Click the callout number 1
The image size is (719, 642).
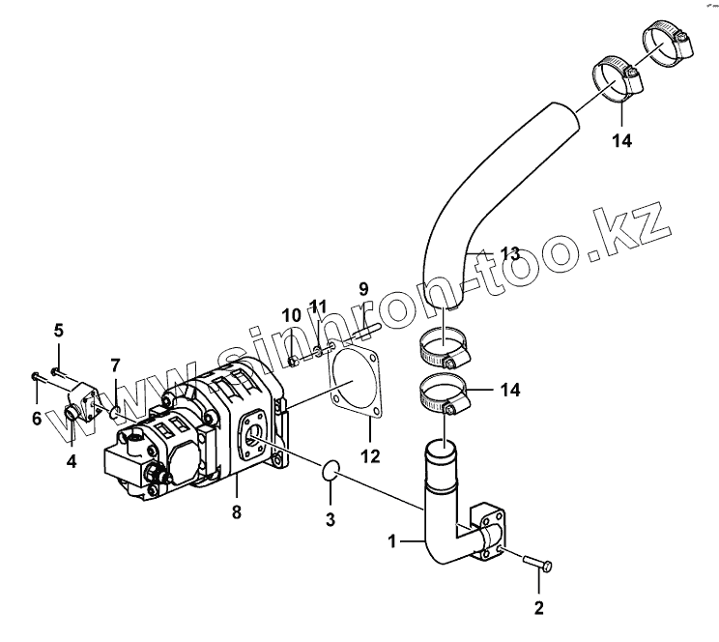(x=392, y=542)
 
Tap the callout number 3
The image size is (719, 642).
(x=330, y=520)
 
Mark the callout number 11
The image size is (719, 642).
(x=320, y=306)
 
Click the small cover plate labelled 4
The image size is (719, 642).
(x=83, y=406)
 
